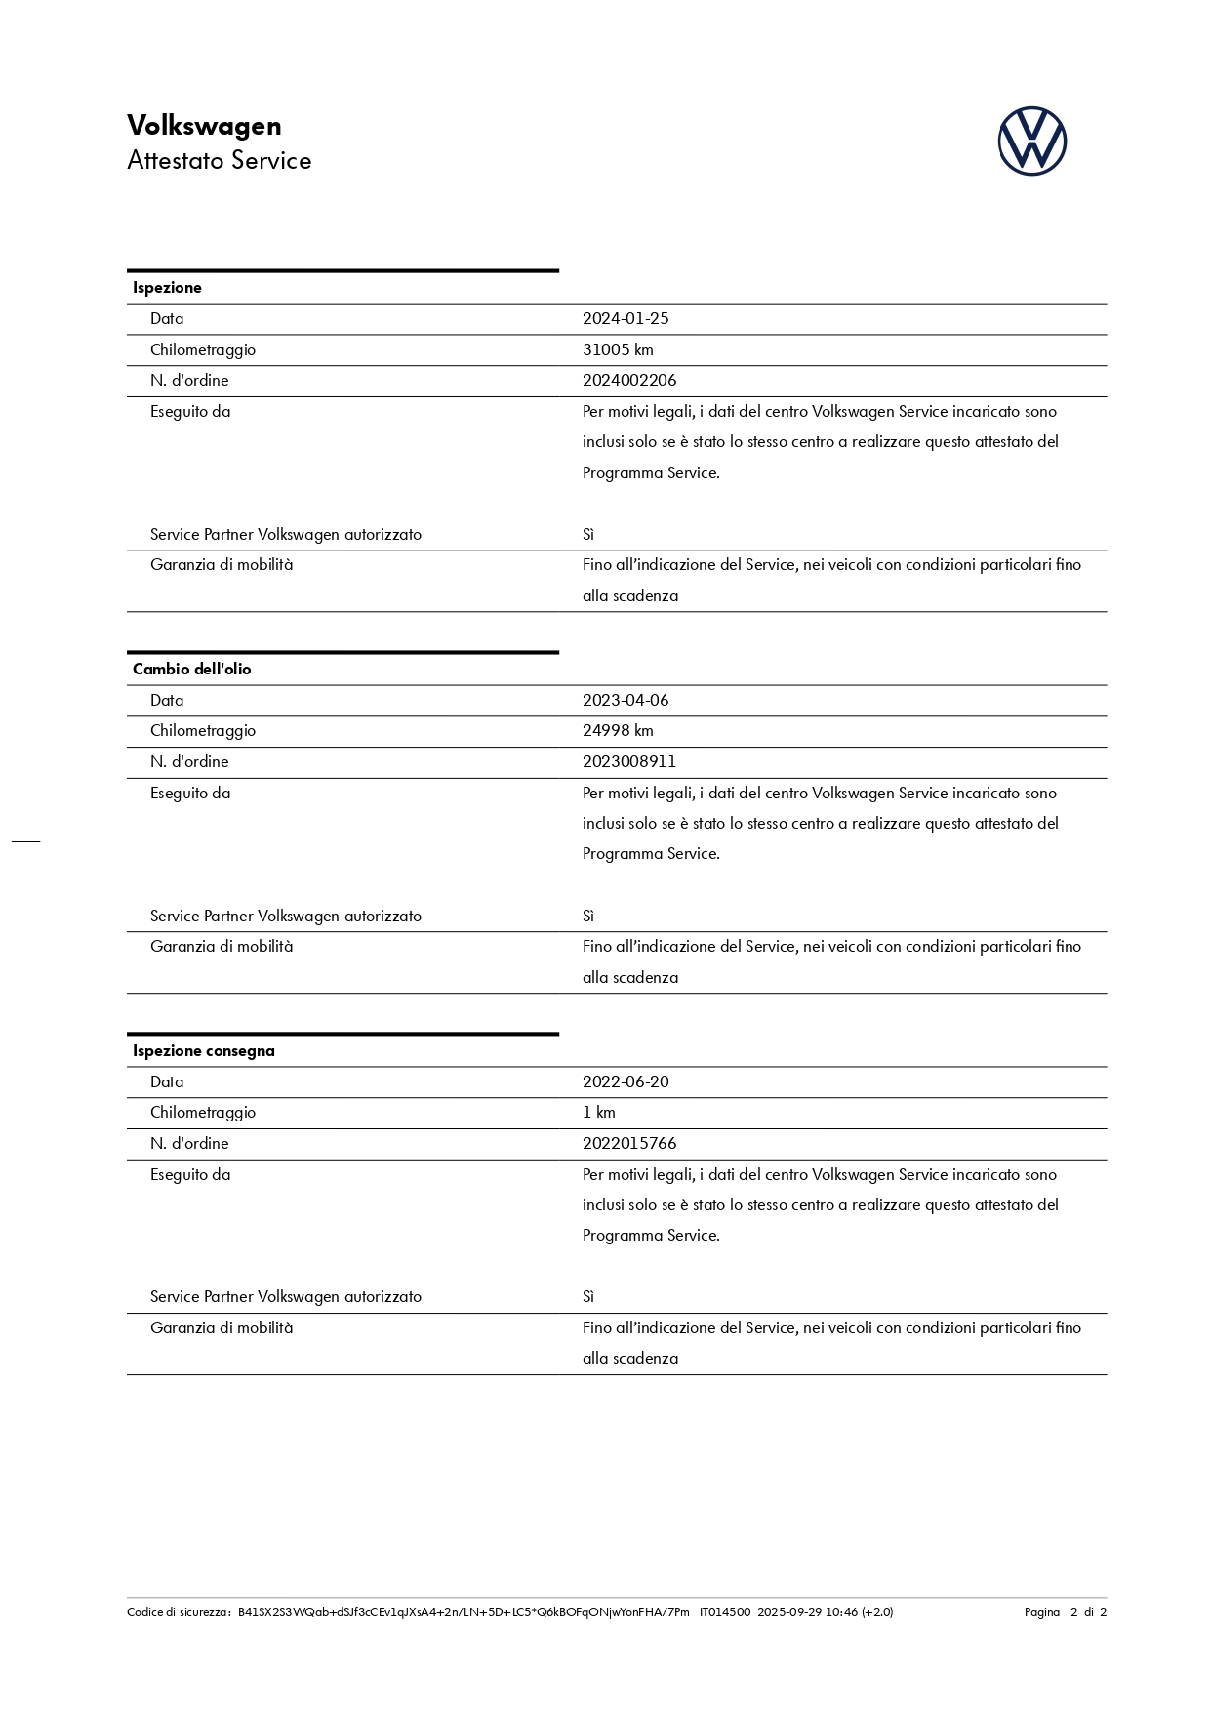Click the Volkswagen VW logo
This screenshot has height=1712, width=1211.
1031,142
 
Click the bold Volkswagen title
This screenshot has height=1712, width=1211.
204,126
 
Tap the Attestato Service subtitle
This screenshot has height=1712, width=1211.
219,161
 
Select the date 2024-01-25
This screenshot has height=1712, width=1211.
626,318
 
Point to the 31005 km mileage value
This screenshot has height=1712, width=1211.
618,349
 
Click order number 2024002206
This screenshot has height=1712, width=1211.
629,380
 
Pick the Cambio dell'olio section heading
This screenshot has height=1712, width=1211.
191,669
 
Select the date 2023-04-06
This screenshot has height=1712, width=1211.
626,700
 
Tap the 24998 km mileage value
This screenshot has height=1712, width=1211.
618,730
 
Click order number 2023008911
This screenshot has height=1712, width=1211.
629,761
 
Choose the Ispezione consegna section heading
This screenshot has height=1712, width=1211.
203,1050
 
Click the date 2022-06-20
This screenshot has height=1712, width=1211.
626,1081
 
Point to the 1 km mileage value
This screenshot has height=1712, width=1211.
598,1112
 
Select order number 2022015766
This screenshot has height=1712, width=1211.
629,1143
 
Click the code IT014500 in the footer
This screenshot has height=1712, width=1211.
724,1611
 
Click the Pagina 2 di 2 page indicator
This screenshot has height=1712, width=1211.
1065,1611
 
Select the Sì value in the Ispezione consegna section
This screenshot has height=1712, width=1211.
588,1296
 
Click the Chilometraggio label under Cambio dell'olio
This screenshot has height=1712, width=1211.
203,730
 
